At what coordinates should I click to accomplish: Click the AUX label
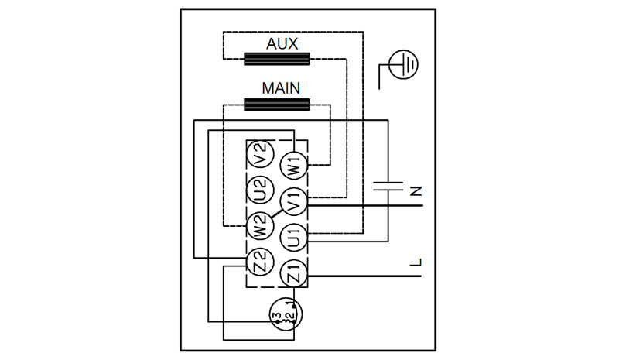[x=282, y=43]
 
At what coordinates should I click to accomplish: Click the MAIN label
[x=281, y=88]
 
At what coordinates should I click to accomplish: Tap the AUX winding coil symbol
[x=277, y=59]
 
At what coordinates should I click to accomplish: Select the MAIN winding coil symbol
[x=277, y=105]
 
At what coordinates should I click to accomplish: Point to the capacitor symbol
[x=388, y=187]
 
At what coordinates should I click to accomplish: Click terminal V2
[x=260, y=154]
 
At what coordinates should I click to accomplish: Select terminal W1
[x=294, y=166]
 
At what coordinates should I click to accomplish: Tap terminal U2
[x=260, y=190]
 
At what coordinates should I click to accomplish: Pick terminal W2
[x=259, y=226]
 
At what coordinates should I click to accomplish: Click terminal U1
[x=294, y=238]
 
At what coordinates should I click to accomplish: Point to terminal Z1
[x=294, y=273]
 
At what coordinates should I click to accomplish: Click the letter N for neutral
[x=416, y=192]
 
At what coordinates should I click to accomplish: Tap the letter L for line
[x=416, y=262]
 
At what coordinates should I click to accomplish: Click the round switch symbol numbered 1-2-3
[x=286, y=314]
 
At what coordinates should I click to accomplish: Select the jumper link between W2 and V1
[x=276, y=214]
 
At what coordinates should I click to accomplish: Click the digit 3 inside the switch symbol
[x=277, y=316]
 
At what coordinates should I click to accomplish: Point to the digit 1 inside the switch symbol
[x=292, y=305]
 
